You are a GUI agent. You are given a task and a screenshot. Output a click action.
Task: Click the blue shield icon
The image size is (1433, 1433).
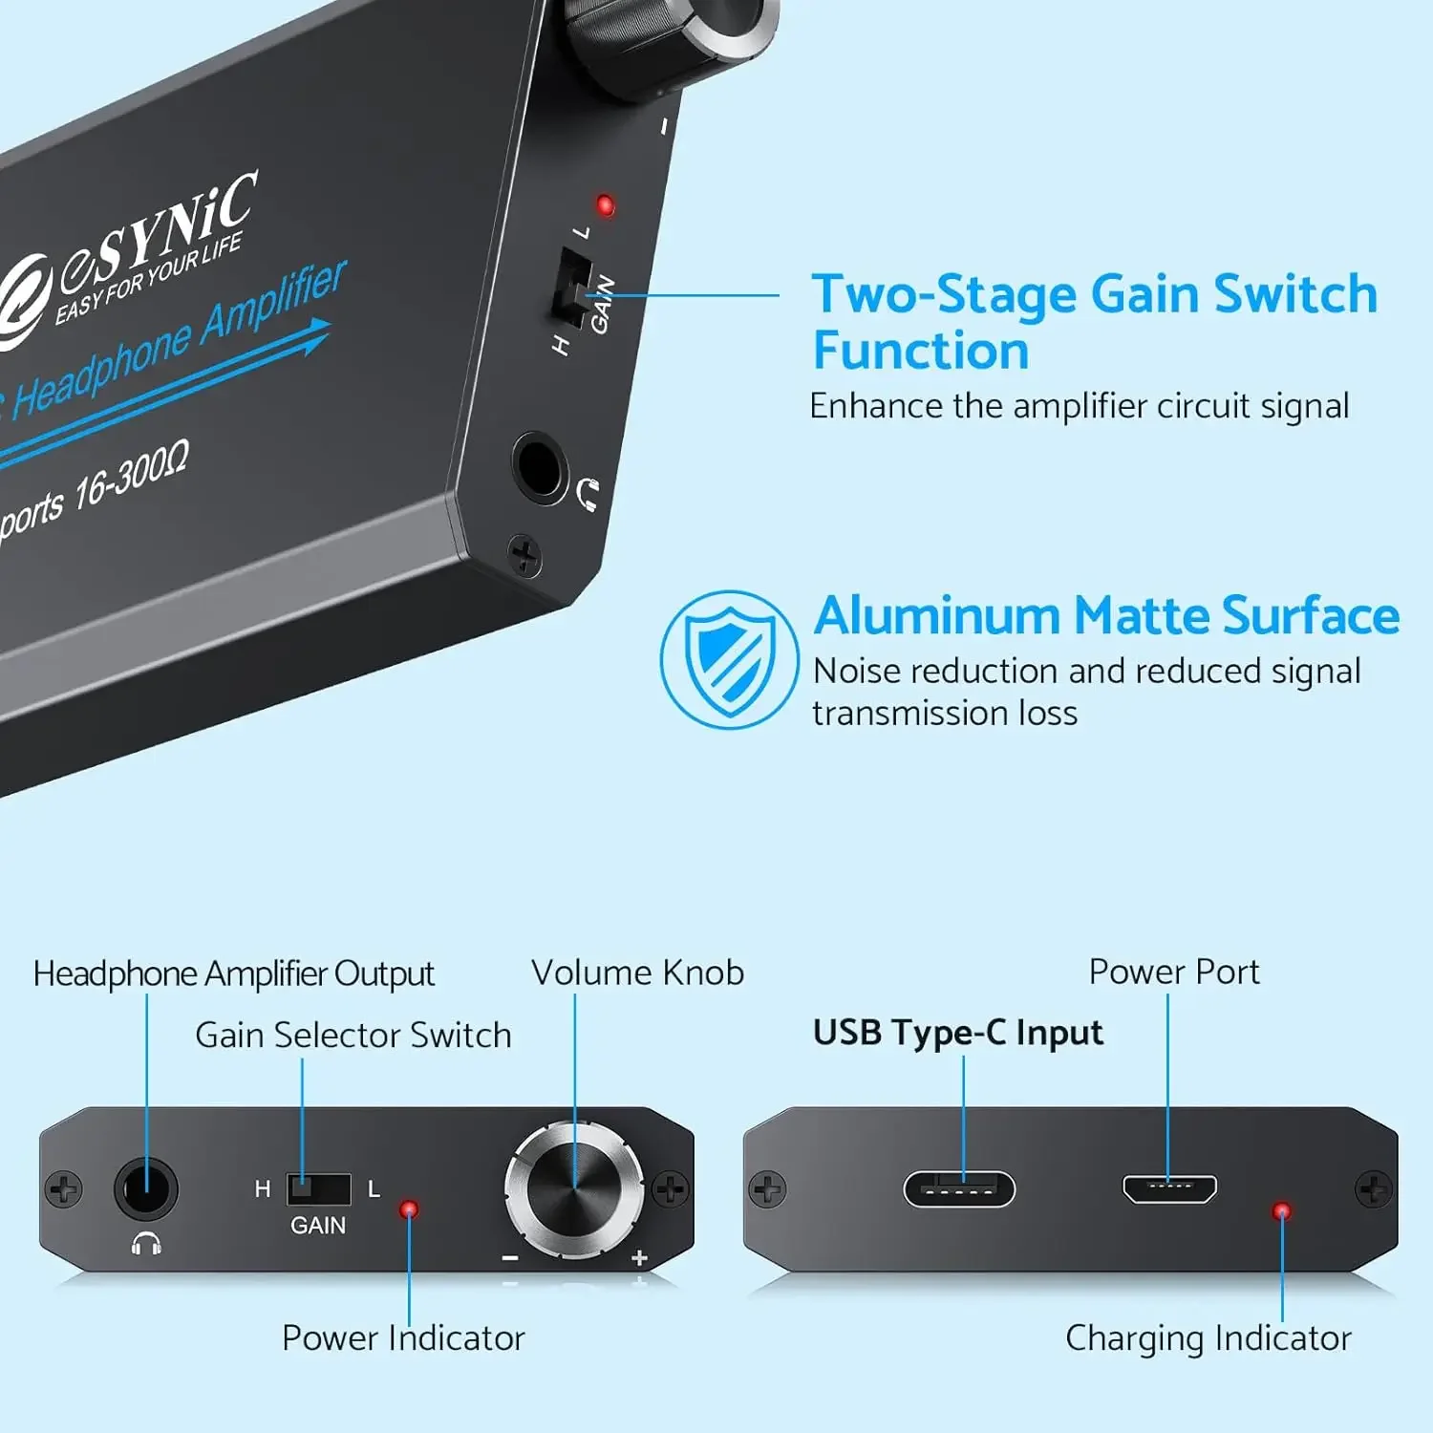(730, 659)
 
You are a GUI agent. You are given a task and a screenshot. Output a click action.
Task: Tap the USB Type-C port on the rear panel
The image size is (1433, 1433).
(959, 1189)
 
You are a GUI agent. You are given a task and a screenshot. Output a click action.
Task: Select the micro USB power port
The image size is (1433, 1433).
(1169, 1188)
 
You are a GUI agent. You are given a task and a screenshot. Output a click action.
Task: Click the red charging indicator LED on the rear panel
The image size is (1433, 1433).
(1281, 1211)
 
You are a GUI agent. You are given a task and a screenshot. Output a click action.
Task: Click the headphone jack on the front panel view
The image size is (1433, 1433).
(146, 1189)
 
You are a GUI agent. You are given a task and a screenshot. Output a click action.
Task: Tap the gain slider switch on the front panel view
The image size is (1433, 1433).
(318, 1188)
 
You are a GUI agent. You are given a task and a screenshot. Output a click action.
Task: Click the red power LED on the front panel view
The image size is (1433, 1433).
(409, 1209)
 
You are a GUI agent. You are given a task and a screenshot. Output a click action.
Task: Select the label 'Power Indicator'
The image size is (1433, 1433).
(403, 1338)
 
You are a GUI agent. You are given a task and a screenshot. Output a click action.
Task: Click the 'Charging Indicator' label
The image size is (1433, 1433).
(1208, 1338)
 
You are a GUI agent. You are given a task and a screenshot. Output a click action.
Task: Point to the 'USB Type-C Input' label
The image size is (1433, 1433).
(957, 1033)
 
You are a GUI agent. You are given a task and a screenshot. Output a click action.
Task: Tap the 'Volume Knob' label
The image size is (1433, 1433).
(637, 973)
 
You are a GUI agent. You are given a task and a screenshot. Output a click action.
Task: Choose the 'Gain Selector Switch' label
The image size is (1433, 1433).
(353, 1036)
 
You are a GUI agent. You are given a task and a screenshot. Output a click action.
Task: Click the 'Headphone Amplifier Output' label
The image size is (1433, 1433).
(233, 973)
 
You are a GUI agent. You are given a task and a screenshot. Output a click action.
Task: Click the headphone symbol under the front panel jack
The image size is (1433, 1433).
(146, 1243)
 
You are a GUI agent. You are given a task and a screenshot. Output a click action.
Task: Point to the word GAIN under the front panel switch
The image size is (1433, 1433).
(318, 1226)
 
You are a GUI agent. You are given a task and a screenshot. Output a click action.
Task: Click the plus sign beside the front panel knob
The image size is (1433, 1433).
(640, 1258)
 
